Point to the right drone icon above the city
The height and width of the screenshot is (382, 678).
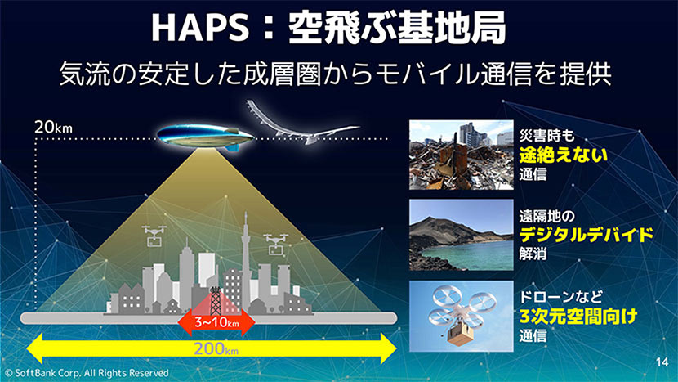click(x=275, y=243)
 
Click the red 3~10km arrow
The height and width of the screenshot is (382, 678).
click(x=216, y=321)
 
